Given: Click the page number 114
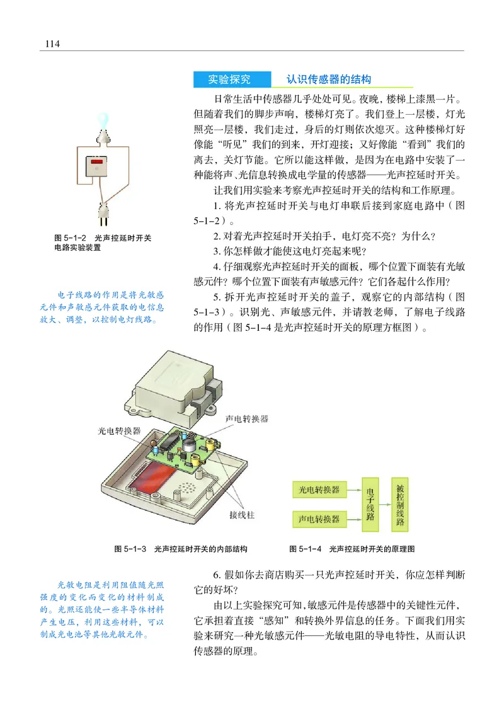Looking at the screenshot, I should pos(52,43).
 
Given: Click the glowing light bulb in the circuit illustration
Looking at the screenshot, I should pos(102,118).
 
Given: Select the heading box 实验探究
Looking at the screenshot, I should pos(230,79).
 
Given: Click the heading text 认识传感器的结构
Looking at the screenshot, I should pos(328,79).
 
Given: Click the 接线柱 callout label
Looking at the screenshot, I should pos(241,515).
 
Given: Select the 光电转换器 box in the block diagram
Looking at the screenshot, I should pos(319,489).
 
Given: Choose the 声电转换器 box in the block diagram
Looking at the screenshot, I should pos(319,519).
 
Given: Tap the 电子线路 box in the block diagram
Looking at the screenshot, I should pos(370,503).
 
